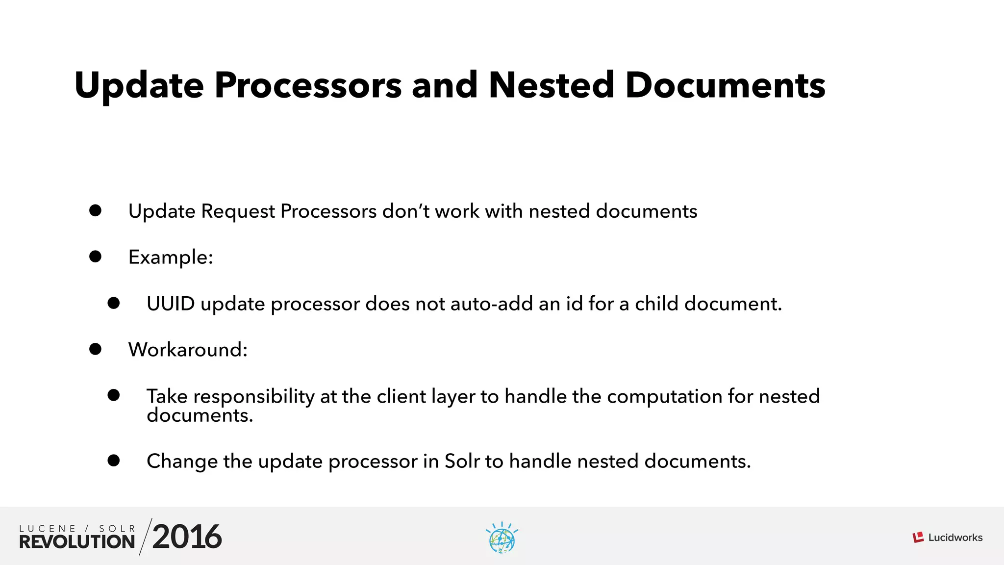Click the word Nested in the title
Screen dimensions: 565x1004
(x=551, y=85)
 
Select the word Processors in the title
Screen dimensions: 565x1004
(x=308, y=85)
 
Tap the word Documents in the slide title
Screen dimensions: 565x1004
(x=725, y=85)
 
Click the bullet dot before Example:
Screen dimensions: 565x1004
(x=95, y=257)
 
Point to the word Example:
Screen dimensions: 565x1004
(x=171, y=257)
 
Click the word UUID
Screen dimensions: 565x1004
(x=171, y=304)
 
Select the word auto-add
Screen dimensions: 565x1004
(x=491, y=304)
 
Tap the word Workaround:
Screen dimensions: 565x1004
(x=188, y=350)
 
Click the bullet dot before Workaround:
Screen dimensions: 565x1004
(x=95, y=349)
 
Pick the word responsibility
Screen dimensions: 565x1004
(x=255, y=397)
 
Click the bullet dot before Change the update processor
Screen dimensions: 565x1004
(x=114, y=461)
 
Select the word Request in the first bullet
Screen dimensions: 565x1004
(x=238, y=212)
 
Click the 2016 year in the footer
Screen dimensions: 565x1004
(x=187, y=537)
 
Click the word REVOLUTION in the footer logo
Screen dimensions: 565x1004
(x=77, y=542)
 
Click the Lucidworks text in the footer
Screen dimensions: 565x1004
(x=955, y=538)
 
